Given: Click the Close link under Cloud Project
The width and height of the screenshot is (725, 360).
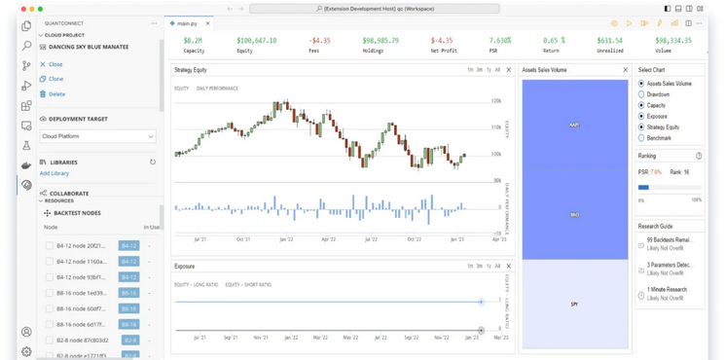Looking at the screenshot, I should (x=54, y=64).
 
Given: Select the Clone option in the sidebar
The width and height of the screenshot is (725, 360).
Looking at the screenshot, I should (x=54, y=79).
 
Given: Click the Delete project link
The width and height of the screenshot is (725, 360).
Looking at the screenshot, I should (x=55, y=94).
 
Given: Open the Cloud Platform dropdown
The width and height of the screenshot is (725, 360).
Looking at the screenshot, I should (x=97, y=136).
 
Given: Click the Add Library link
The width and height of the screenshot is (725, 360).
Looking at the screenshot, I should (x=54, y=173).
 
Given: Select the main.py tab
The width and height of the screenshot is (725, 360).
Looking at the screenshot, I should (x=187, y=23).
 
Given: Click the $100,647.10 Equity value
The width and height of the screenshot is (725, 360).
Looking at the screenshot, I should (x=256, y=41).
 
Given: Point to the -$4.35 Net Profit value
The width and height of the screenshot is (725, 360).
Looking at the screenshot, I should (x=441, y=41).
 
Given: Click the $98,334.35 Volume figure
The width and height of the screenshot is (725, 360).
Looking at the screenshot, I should (x=673, y=41).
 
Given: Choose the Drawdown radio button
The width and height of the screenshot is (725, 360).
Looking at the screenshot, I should (x=641, y=94).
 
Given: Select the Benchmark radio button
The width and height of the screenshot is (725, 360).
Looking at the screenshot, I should (x=641, y=138).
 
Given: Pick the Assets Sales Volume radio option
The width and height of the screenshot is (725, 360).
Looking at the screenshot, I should (x=641, y=84).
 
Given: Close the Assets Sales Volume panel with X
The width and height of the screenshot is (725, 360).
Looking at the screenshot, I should (x=625, y=70).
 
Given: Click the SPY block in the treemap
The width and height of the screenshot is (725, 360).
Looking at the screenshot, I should (x=574, y=305).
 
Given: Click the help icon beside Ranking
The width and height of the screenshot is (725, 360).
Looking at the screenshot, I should (x=699, y=156).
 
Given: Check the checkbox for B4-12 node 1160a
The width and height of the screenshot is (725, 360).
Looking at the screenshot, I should (x=50, y=262).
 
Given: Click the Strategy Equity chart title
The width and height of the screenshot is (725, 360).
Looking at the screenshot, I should (x=191, y=70).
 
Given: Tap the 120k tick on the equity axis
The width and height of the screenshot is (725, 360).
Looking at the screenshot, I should (x=496, y=101).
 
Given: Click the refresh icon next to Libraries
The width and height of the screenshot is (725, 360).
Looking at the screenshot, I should (x=153, y=162).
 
